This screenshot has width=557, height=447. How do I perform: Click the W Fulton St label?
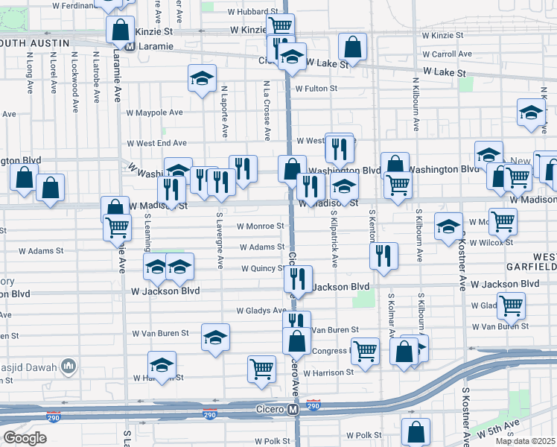(316, 89)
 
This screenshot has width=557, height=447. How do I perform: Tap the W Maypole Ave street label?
(154, 112)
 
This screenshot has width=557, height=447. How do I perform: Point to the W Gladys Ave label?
(261, 311)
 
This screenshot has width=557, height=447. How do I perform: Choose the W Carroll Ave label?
(447, 54)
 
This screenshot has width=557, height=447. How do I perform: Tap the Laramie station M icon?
(129, 45)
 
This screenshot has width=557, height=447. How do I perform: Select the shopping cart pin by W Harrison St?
(261, 368)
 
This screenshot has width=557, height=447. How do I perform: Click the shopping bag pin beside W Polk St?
(416, 430)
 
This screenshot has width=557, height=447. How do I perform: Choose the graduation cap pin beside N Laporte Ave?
(201, 79)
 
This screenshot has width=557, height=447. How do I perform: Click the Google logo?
(25, 438)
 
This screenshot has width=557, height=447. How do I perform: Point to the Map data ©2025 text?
(525, 441)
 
